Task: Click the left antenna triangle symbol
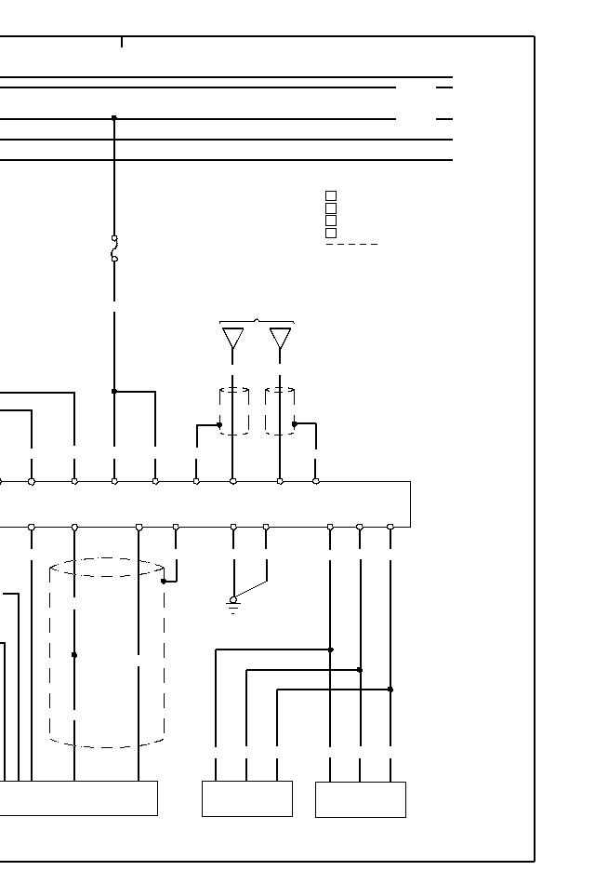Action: point(233,338)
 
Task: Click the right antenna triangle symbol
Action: point(280,338)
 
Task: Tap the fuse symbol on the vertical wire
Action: point(114,248)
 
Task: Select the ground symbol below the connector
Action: point(233,607)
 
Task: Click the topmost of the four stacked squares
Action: point(331,196)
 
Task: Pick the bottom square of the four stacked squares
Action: point(331,233)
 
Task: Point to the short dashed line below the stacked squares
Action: point(352,244)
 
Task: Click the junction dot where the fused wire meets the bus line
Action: point(114,118)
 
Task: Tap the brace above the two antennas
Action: point(257,322)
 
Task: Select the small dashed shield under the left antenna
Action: point(233,411)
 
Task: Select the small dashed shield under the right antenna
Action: point(280,411)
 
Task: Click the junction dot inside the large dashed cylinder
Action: point(74,655)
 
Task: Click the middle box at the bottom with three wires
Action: point(247,798)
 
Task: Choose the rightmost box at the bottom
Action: point(361,799)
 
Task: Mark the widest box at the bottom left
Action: point(78,798)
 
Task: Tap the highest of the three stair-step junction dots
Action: point(331,650)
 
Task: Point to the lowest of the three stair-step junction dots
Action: point(390,690)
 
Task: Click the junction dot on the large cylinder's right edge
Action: point(164,582)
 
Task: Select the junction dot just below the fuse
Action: point(114,392)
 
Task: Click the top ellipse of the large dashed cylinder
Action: point(107,567)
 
